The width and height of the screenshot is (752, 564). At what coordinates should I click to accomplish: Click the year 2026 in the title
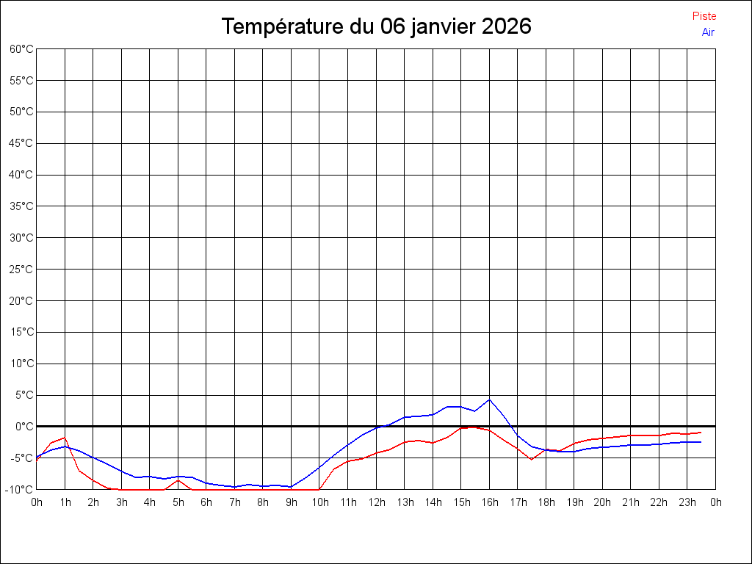tap(506, 26)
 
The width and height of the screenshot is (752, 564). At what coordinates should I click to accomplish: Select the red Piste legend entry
tap(704, 16)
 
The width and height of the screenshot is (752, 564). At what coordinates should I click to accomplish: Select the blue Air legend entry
tap(708, 32)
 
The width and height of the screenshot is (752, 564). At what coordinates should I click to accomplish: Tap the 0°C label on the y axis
tap(24, 426)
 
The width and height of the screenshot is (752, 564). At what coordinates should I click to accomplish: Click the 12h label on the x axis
tap(376, 502)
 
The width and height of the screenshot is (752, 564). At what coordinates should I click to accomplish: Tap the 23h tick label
tap(687, 502)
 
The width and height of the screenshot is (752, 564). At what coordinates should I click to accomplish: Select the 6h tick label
tap(206, 502)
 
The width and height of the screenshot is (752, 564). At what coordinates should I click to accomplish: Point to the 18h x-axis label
tap(546, 502)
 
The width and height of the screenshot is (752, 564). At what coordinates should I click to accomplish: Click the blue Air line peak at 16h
tap(489, 399)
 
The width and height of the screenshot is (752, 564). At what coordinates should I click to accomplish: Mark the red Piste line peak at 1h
tap(65, 438)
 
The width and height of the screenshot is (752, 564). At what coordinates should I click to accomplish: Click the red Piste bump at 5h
tap(178, 480)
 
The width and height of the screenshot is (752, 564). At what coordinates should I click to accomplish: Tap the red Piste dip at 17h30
tap(531, 459)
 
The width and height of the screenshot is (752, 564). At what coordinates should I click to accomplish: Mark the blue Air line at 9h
tap(291, 487)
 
